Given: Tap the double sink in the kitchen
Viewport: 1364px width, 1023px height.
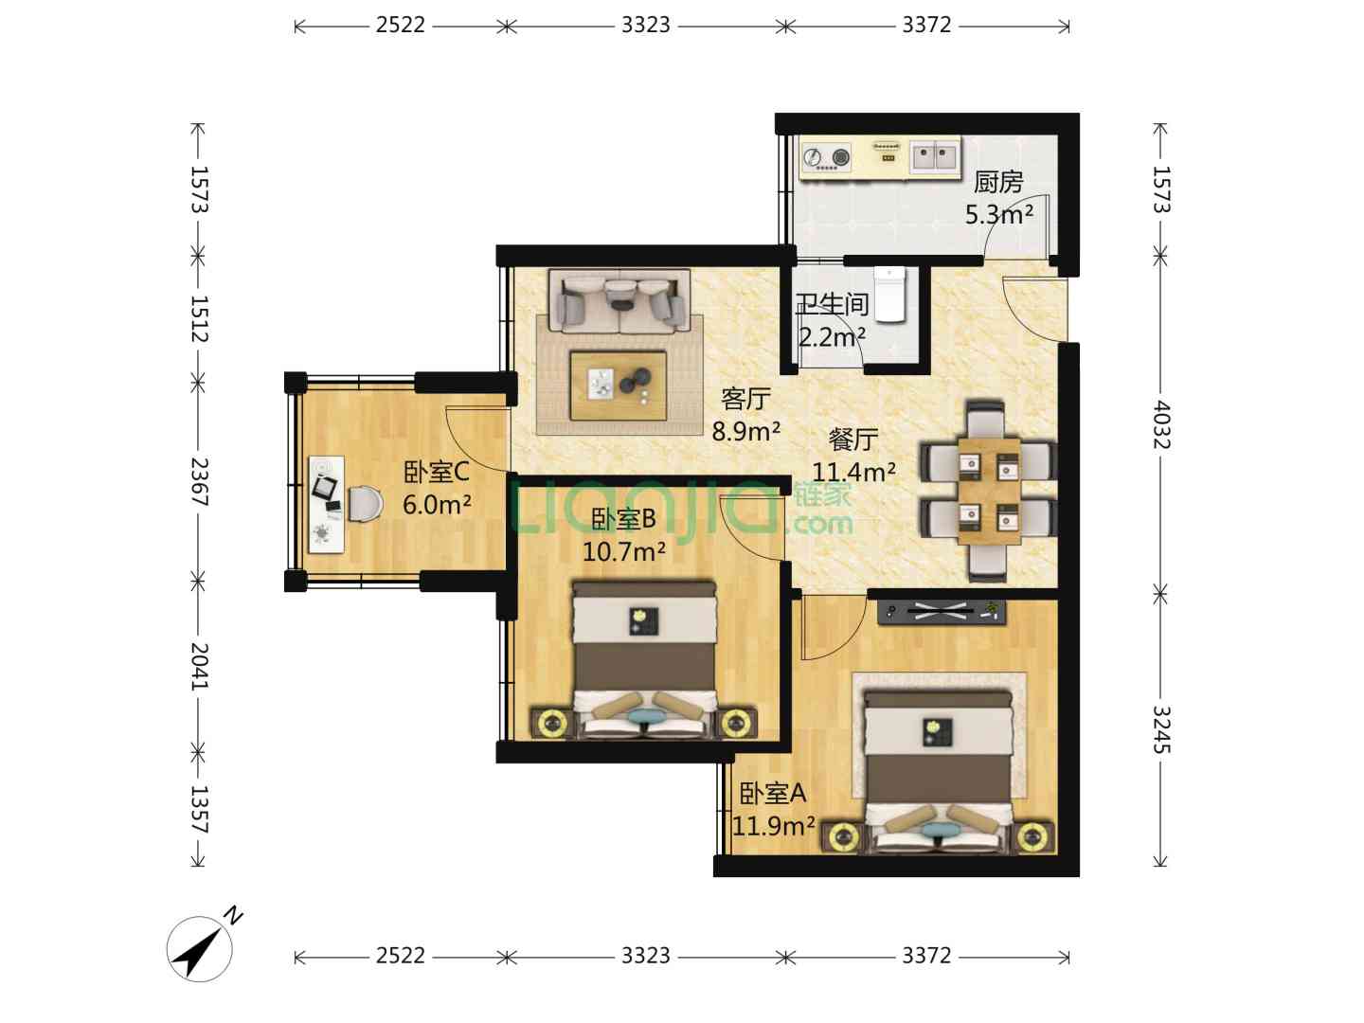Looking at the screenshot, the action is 935,155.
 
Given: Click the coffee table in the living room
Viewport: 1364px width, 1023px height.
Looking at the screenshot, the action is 619,386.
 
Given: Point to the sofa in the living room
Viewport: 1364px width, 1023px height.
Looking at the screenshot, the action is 619,300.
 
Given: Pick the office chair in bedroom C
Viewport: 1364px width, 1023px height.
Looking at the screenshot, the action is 365,503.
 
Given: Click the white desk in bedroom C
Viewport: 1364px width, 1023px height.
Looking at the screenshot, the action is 327,504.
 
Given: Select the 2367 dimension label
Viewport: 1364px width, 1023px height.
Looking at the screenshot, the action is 199,482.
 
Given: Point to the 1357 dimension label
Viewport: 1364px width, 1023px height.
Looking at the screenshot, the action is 199,809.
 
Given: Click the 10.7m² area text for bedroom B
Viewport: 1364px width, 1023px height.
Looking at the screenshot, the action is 624,551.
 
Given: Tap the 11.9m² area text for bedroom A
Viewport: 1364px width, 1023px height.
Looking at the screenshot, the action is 773,825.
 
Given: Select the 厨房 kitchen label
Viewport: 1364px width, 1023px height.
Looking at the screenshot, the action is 998,182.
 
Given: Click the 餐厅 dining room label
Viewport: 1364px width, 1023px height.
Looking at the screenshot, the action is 853,440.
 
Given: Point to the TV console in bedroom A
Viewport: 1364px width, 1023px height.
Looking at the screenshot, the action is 941,612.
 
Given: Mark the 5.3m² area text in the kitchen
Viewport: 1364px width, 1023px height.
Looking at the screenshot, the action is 999,214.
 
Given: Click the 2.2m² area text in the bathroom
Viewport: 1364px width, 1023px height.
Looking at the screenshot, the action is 832,337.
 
